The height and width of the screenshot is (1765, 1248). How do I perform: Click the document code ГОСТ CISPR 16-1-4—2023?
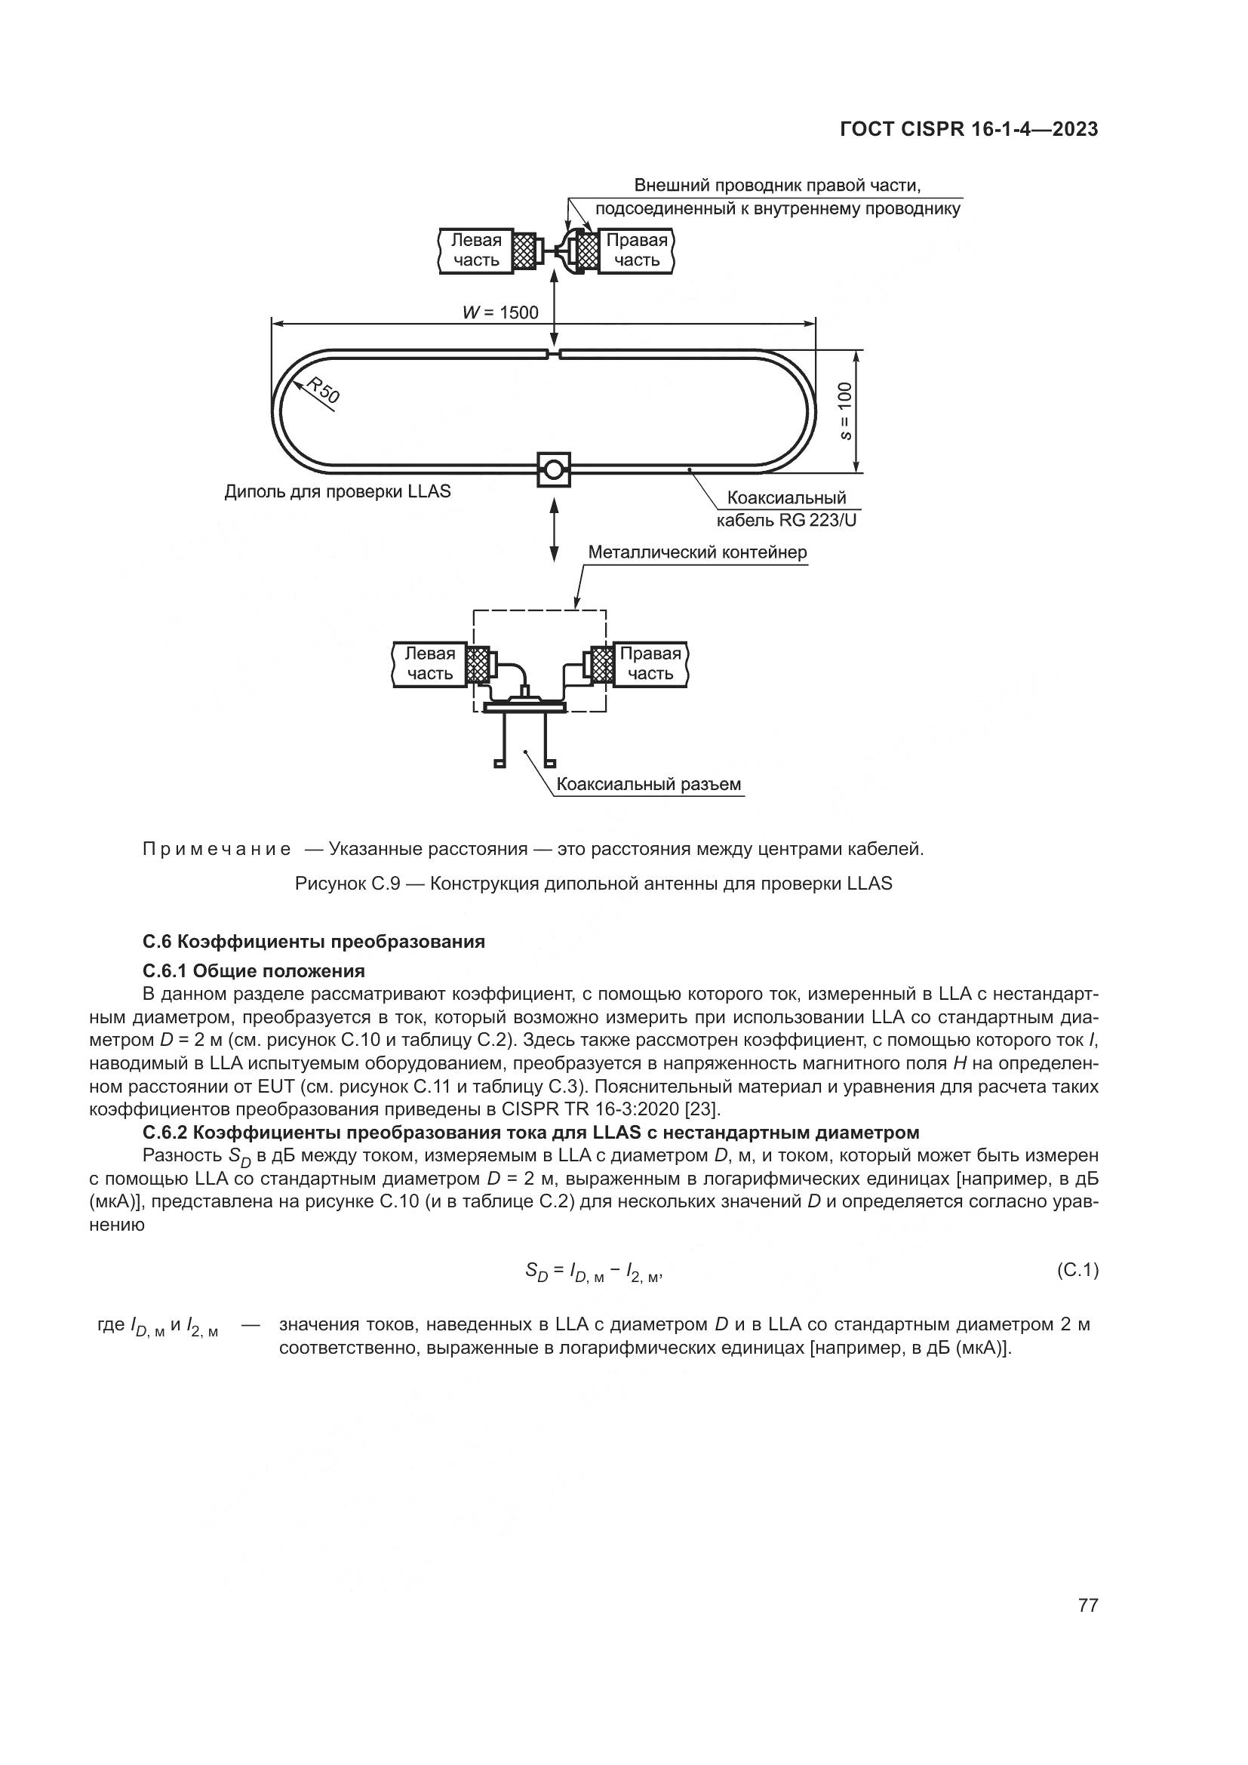tap(969, 129)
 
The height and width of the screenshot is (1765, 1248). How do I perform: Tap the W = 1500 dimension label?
tap(500, 312)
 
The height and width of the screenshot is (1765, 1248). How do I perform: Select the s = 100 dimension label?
tap(845, 411)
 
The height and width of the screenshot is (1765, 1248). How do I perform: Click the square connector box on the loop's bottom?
tap(553, 469)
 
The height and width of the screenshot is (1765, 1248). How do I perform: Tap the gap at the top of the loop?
tap(553, 355)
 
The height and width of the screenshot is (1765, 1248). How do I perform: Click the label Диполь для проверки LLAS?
tap(337, 491)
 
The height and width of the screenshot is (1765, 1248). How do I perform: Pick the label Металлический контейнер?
tap(697, 552)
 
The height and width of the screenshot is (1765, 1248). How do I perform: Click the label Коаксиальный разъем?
tap(649, 784)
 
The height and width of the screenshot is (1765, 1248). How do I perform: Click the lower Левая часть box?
tap(429, 663)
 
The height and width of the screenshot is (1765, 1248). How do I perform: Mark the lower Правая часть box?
tap(650, 663)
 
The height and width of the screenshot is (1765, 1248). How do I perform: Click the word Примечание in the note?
tap(217, 850)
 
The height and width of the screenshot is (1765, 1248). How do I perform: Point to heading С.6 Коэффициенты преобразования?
tap(314, 942)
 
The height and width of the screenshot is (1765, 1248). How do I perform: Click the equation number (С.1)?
tap(1077, 1270)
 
